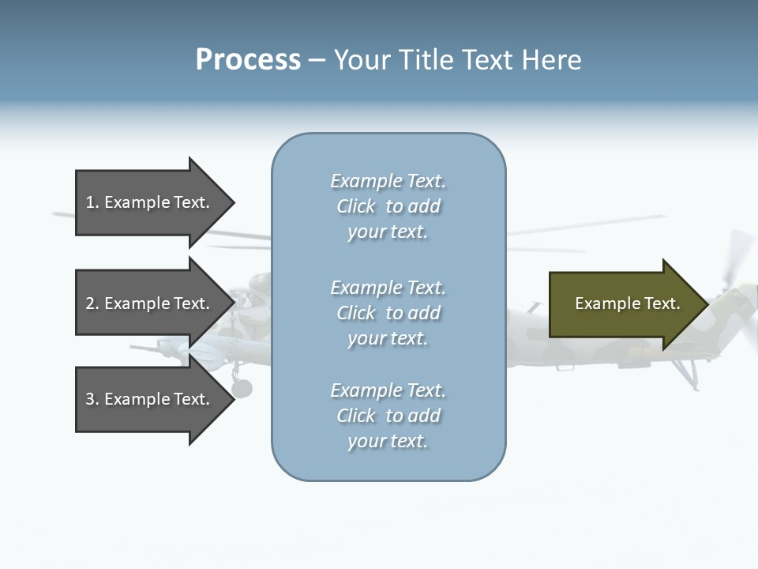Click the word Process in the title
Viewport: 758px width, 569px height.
(248, 60)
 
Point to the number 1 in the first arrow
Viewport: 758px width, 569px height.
(90, 202)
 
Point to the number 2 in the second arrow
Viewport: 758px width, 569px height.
(90, 303)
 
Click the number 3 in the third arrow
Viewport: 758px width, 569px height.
(90, 399)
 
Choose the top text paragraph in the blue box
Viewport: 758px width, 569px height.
(388, 206)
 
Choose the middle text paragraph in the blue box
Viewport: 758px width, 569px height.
(388, 313)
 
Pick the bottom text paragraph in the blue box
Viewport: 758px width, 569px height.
(388, 416)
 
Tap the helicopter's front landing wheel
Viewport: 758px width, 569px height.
(242, 388)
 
